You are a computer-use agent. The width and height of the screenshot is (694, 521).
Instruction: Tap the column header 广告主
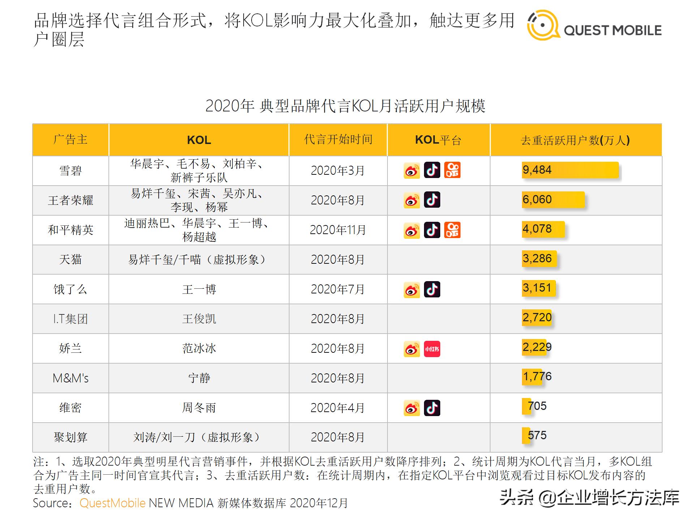pyautogui.click(x=70, y=140)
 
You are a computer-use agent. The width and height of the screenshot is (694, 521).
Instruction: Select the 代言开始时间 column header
pyautogui.click(x=338, y=140)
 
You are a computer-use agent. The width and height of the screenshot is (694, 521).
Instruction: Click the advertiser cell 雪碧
pyautogui.click(x=70, y=171)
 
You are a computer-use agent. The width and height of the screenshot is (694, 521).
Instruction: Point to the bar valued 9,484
pyautogui.click(x=570, y=170)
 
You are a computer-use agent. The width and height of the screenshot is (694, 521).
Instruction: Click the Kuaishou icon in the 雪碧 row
pyautogui.click(x=452, y=170)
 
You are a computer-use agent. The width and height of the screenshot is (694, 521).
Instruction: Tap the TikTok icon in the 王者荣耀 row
pyautogui.click(x=432, y=200)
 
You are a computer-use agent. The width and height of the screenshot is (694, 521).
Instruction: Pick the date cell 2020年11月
pyautogui.click(x=338, y=230)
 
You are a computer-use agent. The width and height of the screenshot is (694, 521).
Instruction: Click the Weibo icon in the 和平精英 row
pyautogui.click(x=412, y=230)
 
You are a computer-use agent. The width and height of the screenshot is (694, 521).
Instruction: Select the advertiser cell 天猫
pyautogui.click(x=70, y=259)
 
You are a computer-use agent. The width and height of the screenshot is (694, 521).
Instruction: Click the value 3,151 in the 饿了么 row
pyautogui.click(x=537, y=288)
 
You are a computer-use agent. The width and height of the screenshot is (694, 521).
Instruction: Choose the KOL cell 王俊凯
pyautogui.click(x=199, y=319)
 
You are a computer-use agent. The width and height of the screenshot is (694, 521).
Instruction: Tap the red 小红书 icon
pyautogui.click(x=432, y=349)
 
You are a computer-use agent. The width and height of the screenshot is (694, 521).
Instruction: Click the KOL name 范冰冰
pyautogui.click(x=199, y=348)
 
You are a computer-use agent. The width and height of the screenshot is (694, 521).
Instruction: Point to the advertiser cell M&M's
pyautogui.click(x=70, y=378)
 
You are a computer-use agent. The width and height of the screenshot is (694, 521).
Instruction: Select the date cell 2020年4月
pyautogui.click(x=338, y=408)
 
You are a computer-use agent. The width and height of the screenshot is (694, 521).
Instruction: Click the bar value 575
pyautogui.click(x=537, y=435)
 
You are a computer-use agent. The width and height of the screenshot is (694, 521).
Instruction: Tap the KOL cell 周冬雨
pyautogui.click(x=199, y=408)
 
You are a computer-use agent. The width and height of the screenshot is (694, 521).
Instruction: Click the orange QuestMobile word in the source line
pyautogui.click(x=112, y=503)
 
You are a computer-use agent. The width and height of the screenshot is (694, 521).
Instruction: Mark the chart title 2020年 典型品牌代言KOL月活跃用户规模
pyautogui.click(x=345, y=106)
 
